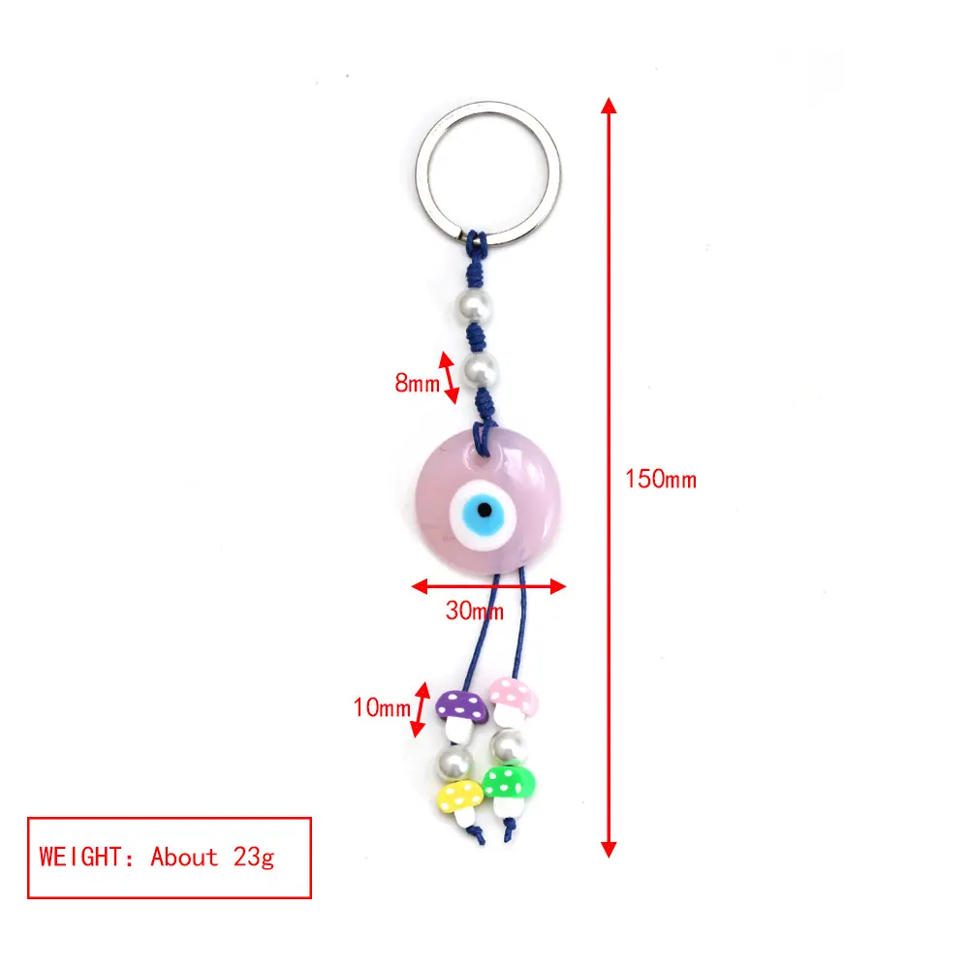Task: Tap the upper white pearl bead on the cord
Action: pyautogui.click(x=474, y=304)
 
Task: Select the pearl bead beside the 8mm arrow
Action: pyautogui.click(x=481, y=369)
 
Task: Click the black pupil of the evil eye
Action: pyautogui.click(x=485, y=510)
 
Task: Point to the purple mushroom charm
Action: pyautogui.click(x=460, y=714)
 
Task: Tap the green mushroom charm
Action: pyautogui.click(x=509, y=788)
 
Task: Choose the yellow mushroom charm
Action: pyautogui.click(x=460, y=800)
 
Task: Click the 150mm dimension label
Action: pyautogui.click(x=661, y=480)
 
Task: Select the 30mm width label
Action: pyautogui.click(x=475, y=611)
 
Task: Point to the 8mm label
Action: pyautogui.click(x=417, y=383)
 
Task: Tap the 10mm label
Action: pyautogui.click(x=382, y=707)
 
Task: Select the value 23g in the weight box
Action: pyautogui.click(x=253, y=858)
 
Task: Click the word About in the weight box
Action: pyautogui.click(x=184, y=858)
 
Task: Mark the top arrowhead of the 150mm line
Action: pyautogui.click(x=609, y=105)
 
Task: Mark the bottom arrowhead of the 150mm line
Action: pyautogui.click(x=609, y=849)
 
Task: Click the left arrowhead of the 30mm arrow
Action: pyautogui.click(x=420, y=586)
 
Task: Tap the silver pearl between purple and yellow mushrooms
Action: pyautogui.click(x=454, y=763)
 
